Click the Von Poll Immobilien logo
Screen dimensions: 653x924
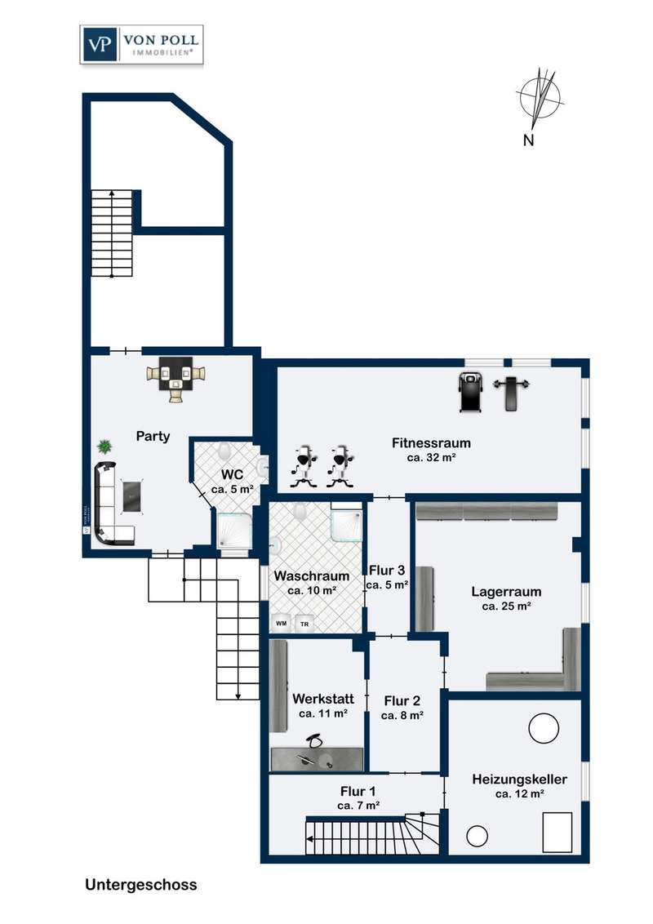(141, 44)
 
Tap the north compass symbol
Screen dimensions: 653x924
(540, 100)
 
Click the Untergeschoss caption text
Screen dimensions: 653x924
(141, 885)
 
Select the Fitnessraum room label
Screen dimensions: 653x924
(432, 442)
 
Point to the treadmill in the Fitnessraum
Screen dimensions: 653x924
(469, 392)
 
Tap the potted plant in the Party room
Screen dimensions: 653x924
(105, 446)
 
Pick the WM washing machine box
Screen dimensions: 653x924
(281, 623)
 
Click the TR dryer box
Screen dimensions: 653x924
(304, 624)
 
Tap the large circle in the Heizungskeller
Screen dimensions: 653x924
(544, 729)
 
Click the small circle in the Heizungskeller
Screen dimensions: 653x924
(477, 836)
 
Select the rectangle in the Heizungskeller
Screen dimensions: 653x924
(557, 832)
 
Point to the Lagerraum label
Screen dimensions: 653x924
(506, 592)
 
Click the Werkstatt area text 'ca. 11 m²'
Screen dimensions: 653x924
(323, 713)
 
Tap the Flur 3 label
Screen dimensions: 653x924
(387, 571)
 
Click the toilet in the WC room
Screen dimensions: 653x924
(224, 452)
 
